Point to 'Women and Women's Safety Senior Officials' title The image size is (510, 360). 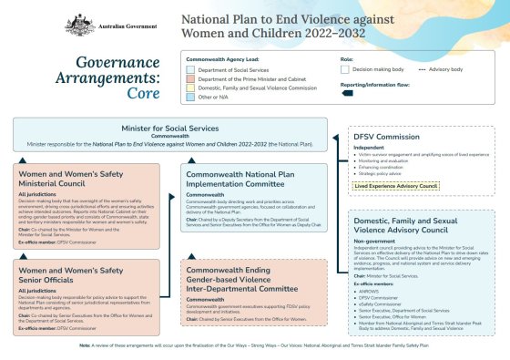click(84, 275)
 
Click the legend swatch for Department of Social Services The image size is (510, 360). click(190, 69)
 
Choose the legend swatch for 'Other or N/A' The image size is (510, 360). click(190, 96)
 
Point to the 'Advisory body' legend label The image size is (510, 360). click(449, 69)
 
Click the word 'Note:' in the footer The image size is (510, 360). click(85, 345)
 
